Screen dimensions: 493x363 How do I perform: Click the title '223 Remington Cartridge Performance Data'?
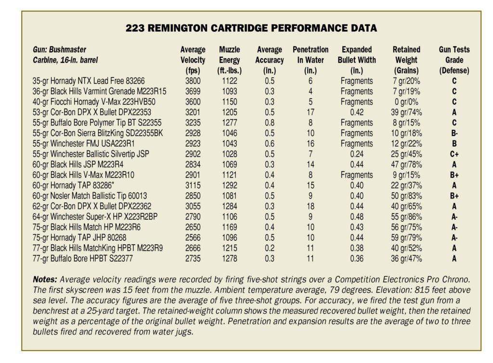[x=251, y=28]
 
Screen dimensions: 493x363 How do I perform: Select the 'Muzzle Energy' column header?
[x=230, y=60]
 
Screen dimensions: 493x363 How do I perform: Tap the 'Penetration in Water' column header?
[x=311, y=60]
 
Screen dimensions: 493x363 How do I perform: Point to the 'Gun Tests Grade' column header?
[x=454, y=60]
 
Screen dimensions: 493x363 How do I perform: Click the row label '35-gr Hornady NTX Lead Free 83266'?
[x=89, y=81]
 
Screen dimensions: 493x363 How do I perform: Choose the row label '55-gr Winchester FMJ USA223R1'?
[x=83, y=143]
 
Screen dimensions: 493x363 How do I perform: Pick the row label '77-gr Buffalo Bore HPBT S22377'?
[x=82, y=259]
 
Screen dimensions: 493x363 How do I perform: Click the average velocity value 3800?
[x=193, y=81]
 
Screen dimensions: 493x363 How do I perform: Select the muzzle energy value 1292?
[x=230, y=185]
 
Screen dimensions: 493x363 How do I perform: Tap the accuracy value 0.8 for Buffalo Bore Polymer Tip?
[x=270, y=123]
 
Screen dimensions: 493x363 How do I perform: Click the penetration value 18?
[x=311, y=206]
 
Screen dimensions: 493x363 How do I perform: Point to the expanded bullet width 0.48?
[x=357, y=217]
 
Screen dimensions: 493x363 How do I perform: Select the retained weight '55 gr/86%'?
[x=406, y=217]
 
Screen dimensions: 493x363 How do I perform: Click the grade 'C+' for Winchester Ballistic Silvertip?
[x=454, y=154]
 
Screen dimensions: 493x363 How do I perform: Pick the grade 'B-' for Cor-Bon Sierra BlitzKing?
[x=454, y=133]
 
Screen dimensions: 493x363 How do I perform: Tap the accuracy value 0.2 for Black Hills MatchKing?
[x=270, y=248]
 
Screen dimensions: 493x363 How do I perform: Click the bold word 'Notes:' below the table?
[x=45, y=279]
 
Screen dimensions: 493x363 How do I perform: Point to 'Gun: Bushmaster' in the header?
[x=59, y=50]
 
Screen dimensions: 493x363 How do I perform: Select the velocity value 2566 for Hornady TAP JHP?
[x=193, y=238]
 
